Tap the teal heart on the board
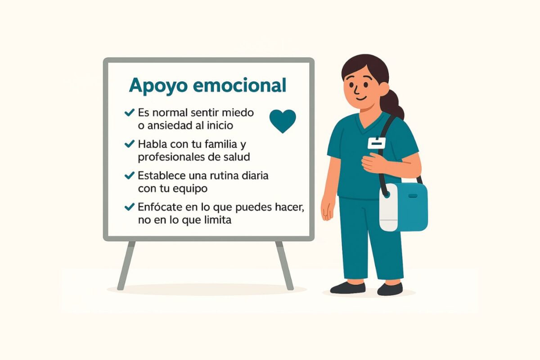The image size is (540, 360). (x=283, y=121)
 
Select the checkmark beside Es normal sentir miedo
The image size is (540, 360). (x=130, y=112)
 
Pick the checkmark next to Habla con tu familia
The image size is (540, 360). (x=130, y=144)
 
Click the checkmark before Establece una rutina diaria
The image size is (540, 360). (x=130, y=175)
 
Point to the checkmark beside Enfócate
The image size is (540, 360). (x=130, y=207)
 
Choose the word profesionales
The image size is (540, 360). (x=172, y=157)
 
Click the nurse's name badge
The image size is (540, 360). (x=376, y=143)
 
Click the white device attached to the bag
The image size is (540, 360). (x=388, y=207)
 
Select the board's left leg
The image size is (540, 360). (x=126, y=265)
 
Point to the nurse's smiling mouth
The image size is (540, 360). (x=361, y=98)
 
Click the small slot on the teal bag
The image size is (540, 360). (x=413, y=196)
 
